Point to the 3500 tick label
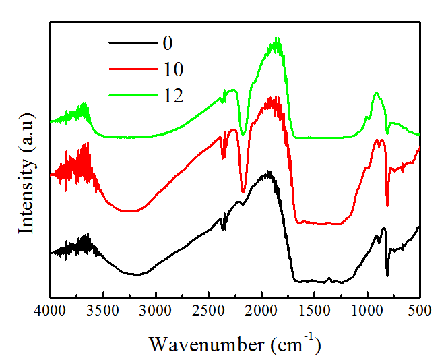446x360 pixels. (103, 312)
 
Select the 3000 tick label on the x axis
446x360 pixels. (156, 312)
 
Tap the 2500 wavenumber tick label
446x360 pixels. (209, 312)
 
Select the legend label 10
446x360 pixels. (172, 69)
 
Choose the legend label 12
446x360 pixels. (172, 95)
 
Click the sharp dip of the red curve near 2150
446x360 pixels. (243, 191)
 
